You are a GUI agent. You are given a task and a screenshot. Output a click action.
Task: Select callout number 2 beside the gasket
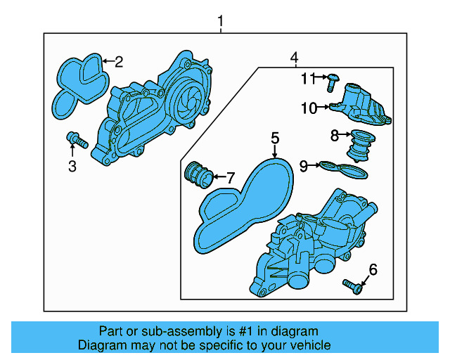click(119, 62)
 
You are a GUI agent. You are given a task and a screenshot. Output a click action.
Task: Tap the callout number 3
click(72, 166)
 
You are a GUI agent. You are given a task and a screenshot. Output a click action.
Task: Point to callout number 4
click(295, 56)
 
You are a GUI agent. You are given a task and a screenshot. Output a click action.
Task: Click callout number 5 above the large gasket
click(275, 138)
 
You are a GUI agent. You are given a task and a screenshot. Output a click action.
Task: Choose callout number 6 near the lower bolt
click(373, 269)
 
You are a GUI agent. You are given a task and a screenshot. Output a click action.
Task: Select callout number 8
click(335, 134)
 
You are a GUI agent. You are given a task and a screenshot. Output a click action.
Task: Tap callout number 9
click(304, 166)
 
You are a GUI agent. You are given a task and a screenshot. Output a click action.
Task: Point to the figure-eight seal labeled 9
click(344, 169)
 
